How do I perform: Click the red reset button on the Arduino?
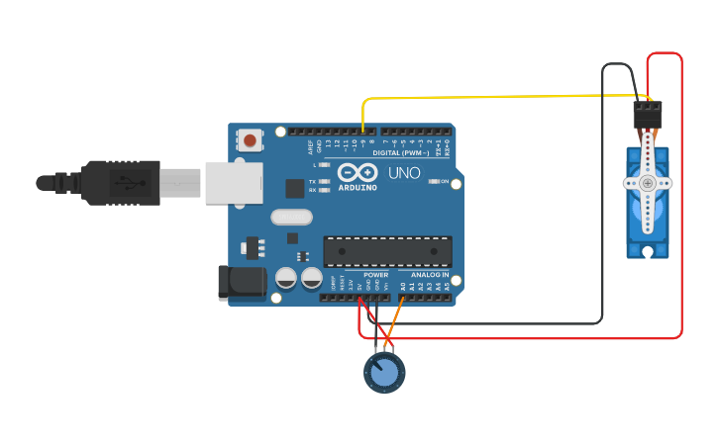[250, 140]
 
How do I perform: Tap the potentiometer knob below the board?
[384, 373]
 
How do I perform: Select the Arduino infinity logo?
[358, 171]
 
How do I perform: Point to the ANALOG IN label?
[430, 274]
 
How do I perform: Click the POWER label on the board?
[375, 274]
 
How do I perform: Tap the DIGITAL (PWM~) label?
[401, 153]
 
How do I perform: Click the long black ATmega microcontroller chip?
[387, 251]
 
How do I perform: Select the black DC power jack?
[242, 283]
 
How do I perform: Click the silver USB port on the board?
[234, 182]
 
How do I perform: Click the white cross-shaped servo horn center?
[647, 183]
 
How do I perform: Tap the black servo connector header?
[647, 116]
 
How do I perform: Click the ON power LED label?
[446, 183]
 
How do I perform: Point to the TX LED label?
[313, 182]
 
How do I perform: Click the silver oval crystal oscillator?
[291, 217]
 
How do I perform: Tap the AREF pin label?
[310, 147]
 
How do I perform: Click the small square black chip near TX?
[294, 188]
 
